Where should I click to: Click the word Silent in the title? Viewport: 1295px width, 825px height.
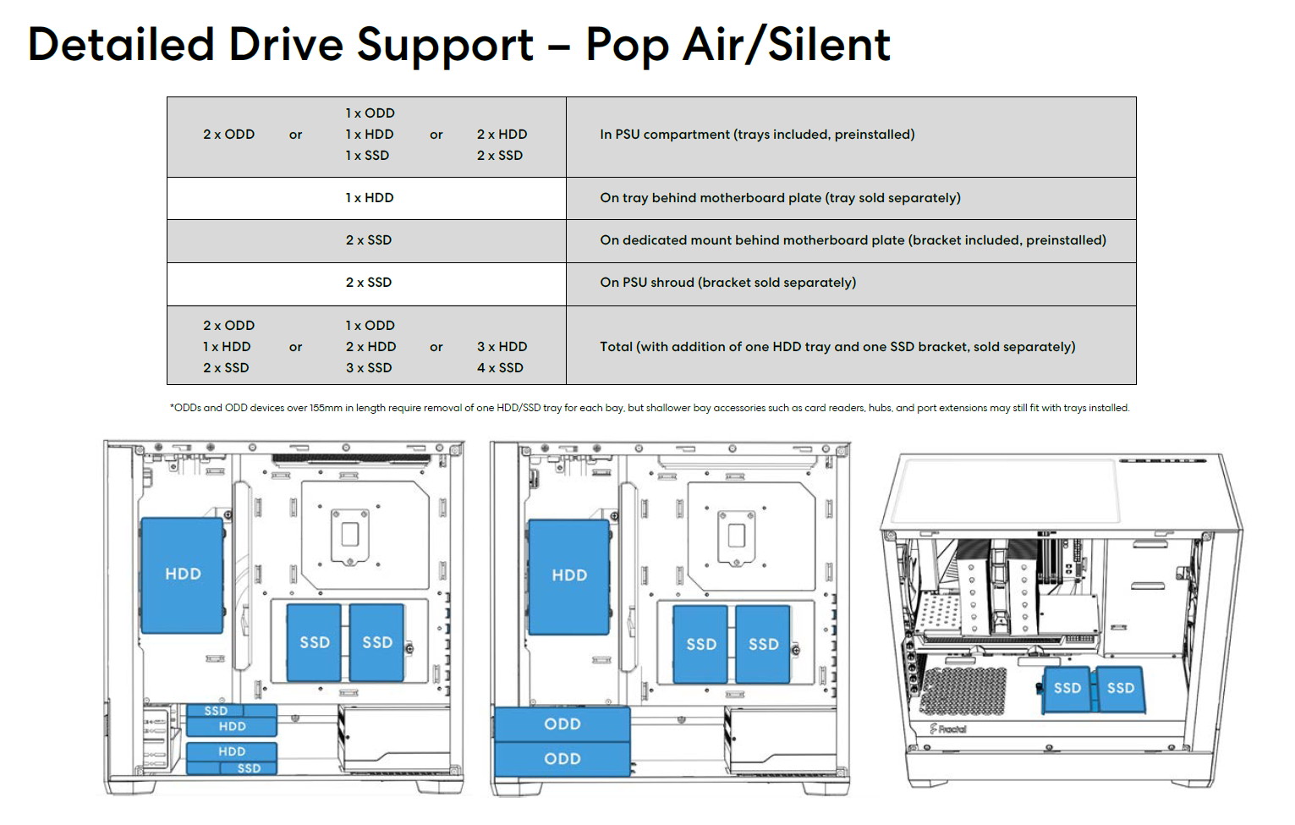click(830, 45)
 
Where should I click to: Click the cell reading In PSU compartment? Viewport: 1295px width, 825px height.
click(851, 137)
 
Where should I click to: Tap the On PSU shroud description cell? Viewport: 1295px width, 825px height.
click(851, 283)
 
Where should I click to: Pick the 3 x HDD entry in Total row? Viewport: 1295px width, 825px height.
click(502, 347)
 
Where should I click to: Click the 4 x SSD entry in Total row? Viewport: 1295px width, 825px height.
click(500, 368)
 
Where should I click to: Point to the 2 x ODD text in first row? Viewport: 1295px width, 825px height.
click(228, 135)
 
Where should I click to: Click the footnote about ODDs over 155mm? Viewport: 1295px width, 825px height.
click(650, 408)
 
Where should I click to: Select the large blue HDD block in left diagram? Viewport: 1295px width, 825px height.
click(182, 575)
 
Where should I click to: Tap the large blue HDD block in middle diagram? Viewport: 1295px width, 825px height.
click(569, 576)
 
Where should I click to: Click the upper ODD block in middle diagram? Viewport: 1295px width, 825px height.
click(562, 723)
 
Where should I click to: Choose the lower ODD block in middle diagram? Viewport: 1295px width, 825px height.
click(562, 758)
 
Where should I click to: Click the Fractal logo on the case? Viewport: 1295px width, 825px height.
click(948, 729)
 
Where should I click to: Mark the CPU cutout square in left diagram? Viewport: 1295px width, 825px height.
click(350, 534)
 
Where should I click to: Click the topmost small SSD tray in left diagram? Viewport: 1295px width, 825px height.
click(231, 711)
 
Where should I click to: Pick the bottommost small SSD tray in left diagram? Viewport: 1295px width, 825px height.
click(231, 768)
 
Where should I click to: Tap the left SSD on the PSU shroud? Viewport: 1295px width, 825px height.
click(1067, 690)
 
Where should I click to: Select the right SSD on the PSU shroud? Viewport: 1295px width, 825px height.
click(1121, 689)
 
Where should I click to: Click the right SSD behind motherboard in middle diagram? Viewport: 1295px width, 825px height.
click(763, 644)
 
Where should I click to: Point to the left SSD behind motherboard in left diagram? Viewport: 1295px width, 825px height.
click(314, 642)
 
